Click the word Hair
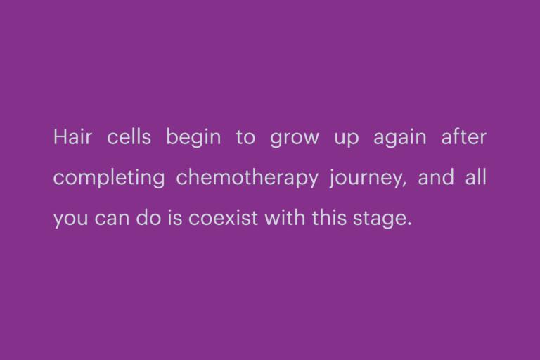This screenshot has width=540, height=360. [72, 137]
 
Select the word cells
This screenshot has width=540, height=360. [129, 137]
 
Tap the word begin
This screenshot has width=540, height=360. [193, 138]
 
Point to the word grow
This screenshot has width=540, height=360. [295, 139]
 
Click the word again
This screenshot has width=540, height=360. [400, 138]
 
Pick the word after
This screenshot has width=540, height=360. [464, 137]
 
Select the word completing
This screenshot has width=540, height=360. [109, 178]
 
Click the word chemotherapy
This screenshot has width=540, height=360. [247, 178]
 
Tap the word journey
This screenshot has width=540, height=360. [366, 178]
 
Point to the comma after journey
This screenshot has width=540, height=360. [405, 185]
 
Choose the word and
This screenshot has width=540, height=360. [436, 177]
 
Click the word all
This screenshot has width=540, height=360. [475, 177]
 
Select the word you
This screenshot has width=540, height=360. [70, 220]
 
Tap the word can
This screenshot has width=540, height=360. [112, 219]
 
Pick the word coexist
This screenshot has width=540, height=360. [223, 218]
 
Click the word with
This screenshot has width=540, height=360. [285, 217]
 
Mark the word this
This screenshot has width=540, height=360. [329, 217]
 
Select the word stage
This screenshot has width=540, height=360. [379, 219]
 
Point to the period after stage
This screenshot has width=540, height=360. [409, 224]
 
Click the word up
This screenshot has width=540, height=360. [347, 139]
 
